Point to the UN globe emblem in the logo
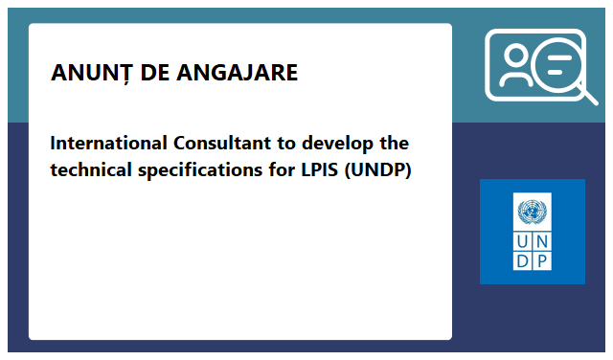pyautogui.click(x=532, y=211)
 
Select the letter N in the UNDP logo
pyautogui.click(x=542, y=240)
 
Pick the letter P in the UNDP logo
pyautogui.click(x=542, y=260)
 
